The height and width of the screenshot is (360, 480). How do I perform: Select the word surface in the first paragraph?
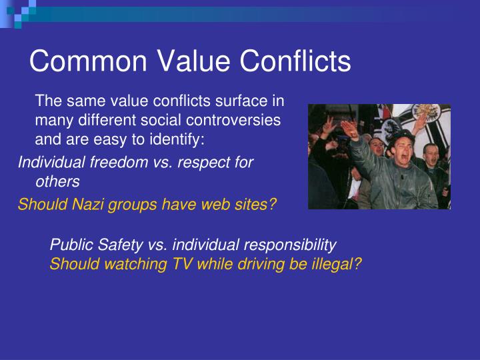coord(243,101)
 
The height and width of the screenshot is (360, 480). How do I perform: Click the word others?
coord(57,181)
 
